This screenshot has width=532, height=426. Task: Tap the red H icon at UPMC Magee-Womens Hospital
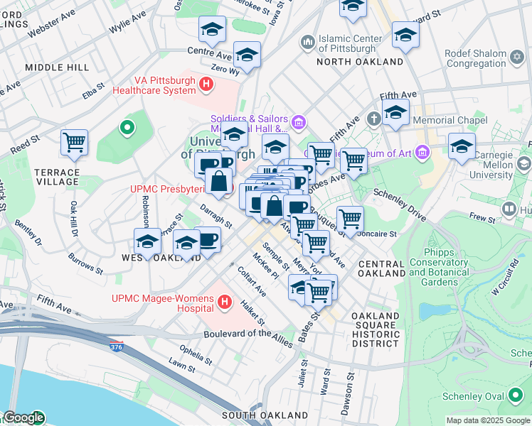(225, 302)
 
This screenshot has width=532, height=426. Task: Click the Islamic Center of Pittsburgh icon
(308, 43)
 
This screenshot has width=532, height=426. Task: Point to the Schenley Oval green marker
(515, 396)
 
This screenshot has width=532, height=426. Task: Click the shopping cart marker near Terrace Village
(74, 143)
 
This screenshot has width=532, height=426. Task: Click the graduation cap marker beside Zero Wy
(247, 55)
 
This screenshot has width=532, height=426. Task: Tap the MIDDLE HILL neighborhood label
(57, 67)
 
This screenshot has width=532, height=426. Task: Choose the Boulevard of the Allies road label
(248, 338)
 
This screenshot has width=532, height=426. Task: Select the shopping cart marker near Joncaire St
(350, 219)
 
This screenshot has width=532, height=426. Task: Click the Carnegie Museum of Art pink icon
(423, 151)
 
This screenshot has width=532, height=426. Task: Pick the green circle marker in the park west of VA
(127, 128)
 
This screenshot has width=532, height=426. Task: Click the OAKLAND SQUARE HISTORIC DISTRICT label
(376, 329)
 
